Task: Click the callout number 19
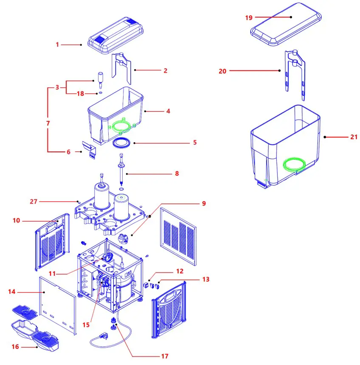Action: (249, 17)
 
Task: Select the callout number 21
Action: (354, 137)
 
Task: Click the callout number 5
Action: (195, 143)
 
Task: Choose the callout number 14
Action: (12, 292)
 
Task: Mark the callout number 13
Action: (205, 279)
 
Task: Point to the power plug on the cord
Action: (103, 337)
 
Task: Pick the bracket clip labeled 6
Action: (90, 150)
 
